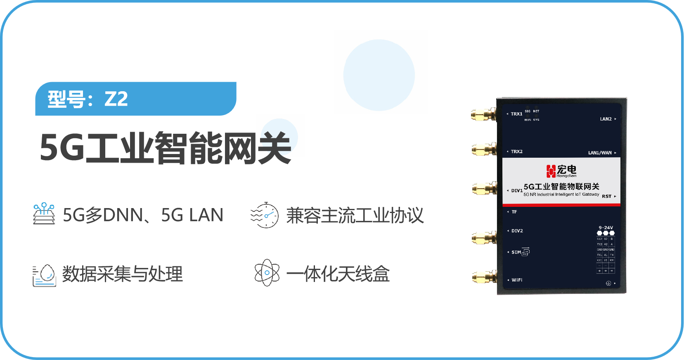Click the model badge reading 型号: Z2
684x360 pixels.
click(135, 99)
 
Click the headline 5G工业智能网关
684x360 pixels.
click(165, 148)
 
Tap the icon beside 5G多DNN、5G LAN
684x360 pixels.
click(44, 214)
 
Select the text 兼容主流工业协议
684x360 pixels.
click(355, 216)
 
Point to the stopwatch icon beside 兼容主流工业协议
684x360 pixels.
click(265, 215)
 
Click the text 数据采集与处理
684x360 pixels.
click(122, 274)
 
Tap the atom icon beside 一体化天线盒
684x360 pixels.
click(267, 272)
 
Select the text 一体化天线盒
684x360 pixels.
click(338, 274)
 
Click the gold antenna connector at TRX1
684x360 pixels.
click(483, 114)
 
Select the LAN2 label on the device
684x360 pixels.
click(606, 119)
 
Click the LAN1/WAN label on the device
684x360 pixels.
click(600, 153)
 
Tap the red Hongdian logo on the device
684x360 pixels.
click(551, 171)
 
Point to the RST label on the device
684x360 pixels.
click(606, 197)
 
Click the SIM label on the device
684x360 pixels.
click(516, 252)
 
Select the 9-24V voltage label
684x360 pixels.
click(606, 227)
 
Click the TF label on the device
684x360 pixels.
click(514, 212)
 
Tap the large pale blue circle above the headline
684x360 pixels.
click(379, 75)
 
